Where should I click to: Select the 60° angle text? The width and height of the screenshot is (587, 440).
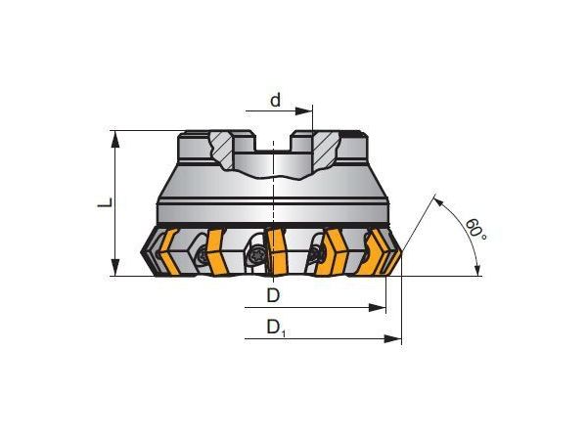[x=475, y=230]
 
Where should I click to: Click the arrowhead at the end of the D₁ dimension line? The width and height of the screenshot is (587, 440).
[x=395, y=339]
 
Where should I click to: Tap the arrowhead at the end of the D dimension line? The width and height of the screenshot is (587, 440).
[x=379, y=308]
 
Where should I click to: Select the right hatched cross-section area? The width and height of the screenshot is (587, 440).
[x=320, y=148]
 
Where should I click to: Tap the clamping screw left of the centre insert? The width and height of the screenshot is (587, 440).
[x=256, y=256]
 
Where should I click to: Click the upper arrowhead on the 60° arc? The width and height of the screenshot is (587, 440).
[x=437, y=200]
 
